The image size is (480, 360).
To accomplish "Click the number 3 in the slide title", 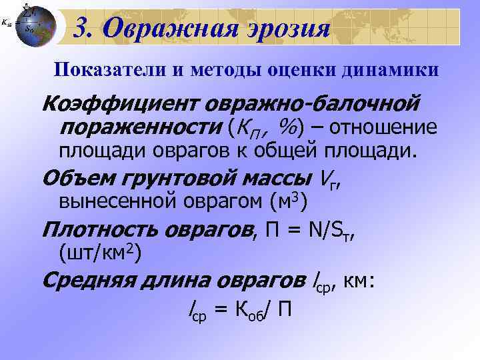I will (82, 29).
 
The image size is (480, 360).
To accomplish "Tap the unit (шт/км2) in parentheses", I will (100, 253).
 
